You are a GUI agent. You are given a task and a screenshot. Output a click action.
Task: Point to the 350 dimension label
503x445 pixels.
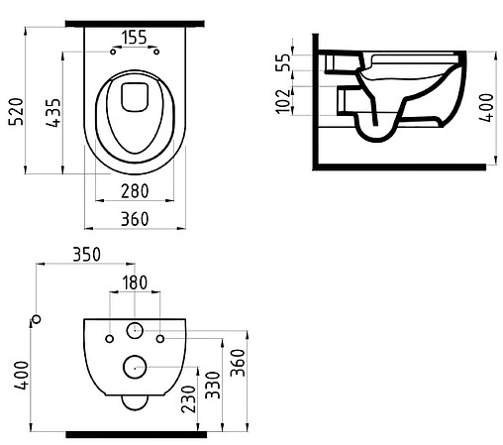(x=86, y=255)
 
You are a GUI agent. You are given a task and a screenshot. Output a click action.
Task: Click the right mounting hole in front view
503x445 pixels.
(x=159, y=338)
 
